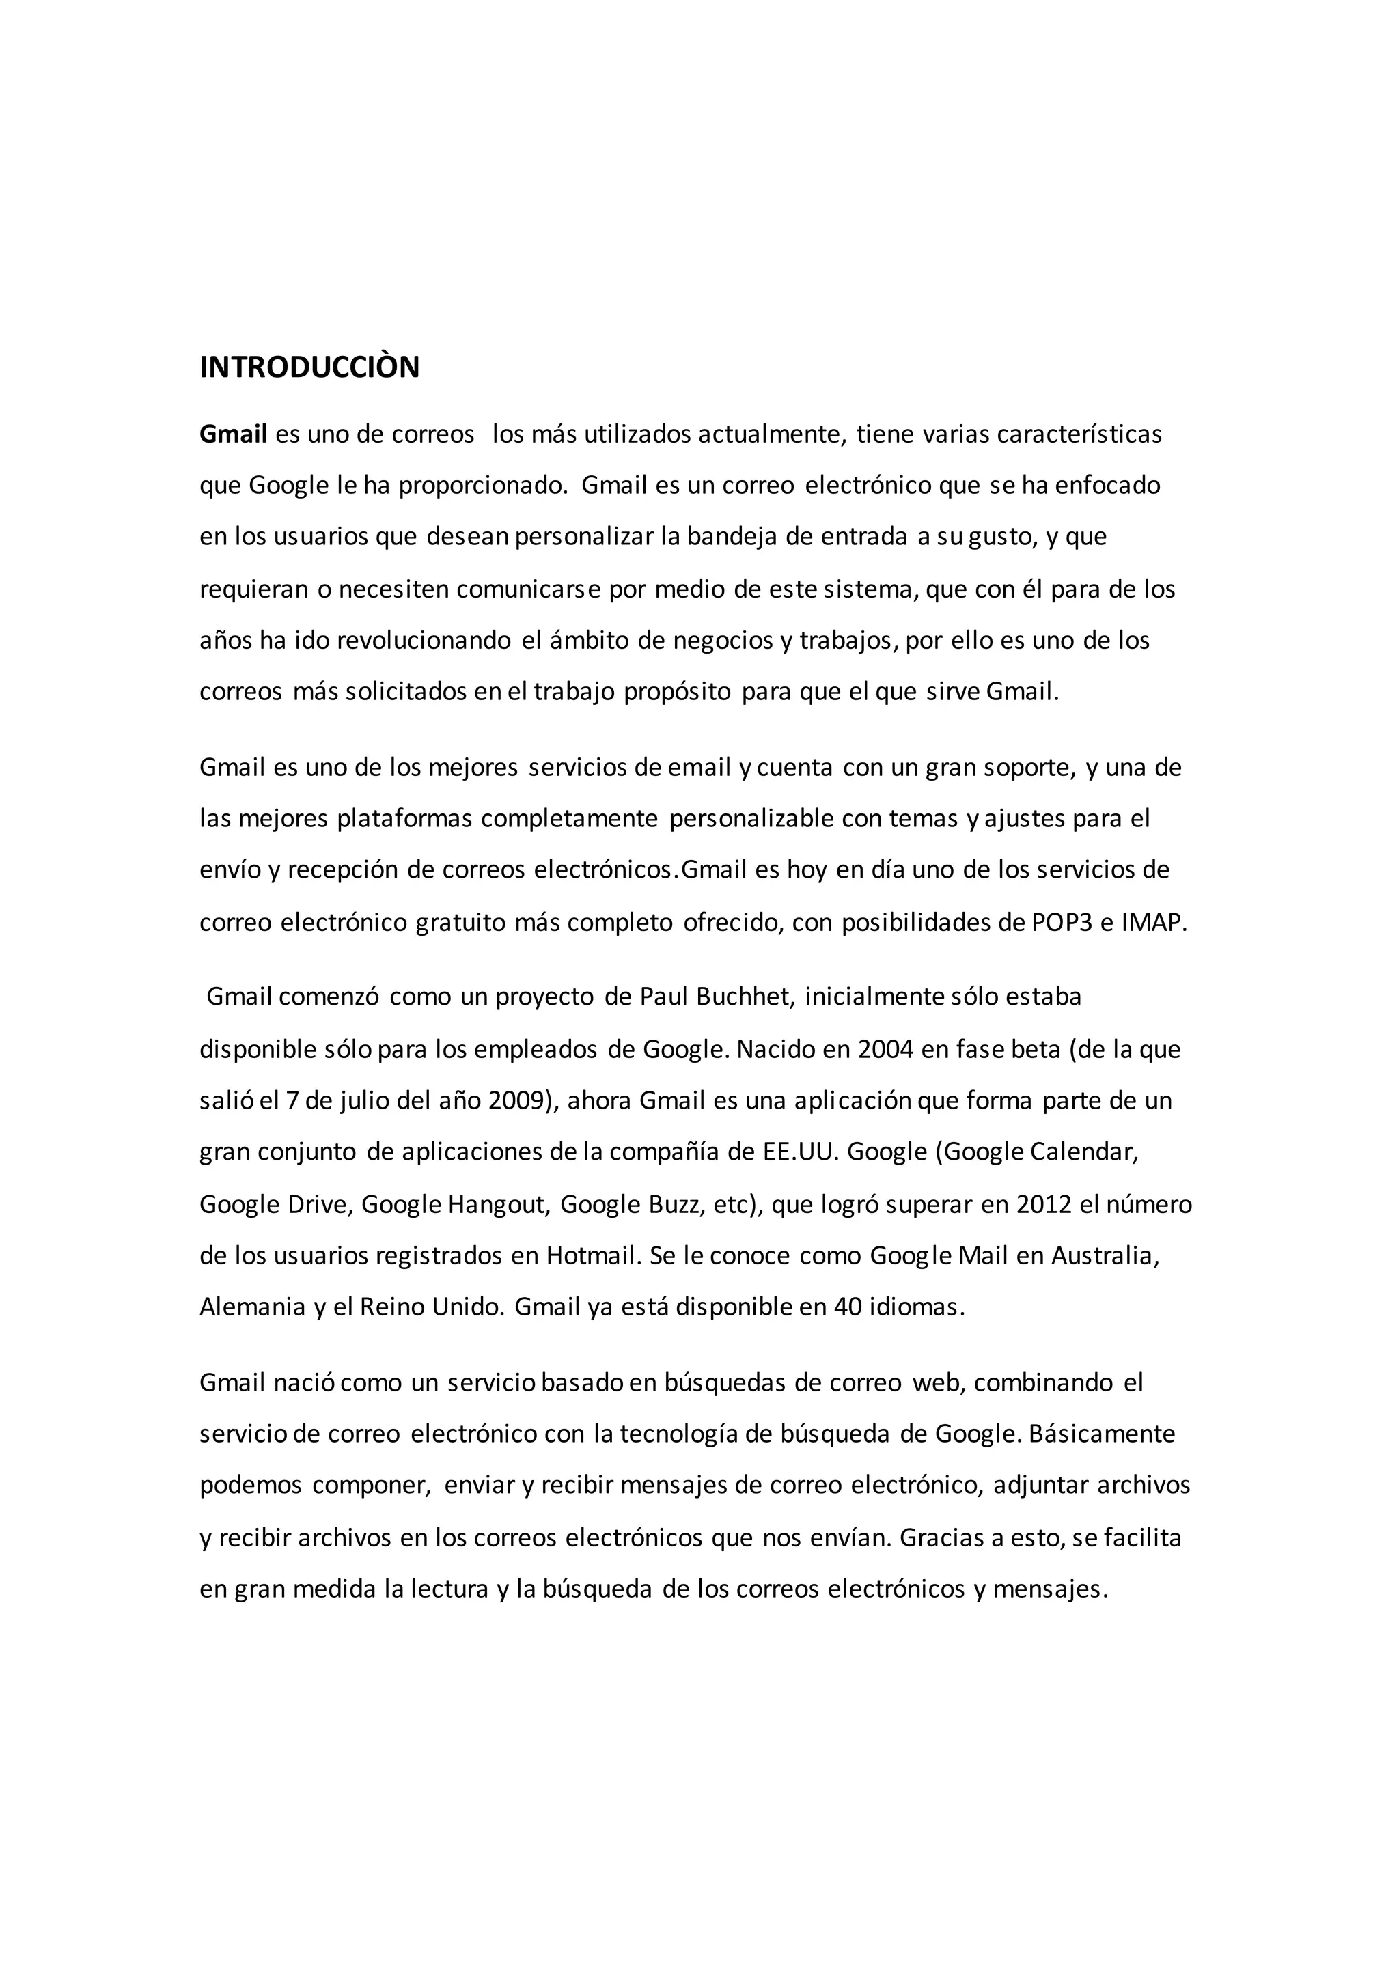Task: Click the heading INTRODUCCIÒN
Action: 309,367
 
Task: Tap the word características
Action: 1079,434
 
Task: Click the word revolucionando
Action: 424,641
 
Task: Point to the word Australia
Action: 1105,1255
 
